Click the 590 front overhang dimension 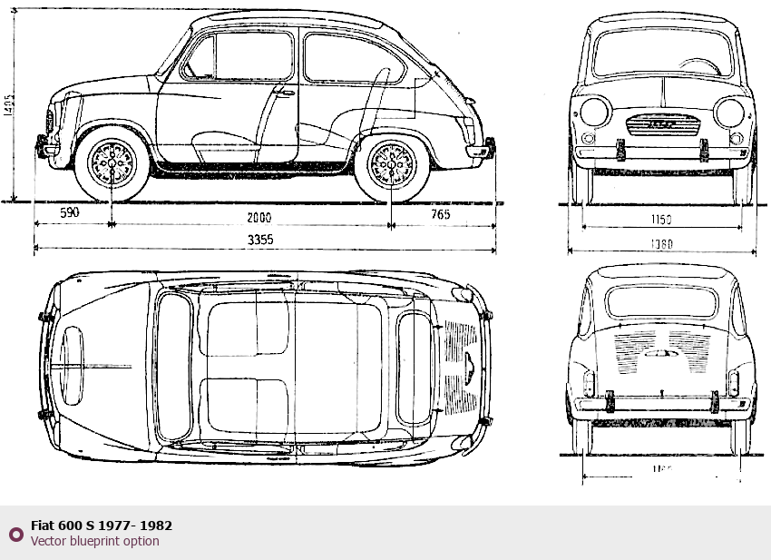pos(70,213)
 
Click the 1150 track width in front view pos(660,220)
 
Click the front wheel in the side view pos(112,163)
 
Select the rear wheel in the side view pos(392,164)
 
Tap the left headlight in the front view pos(595,113)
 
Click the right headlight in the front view pos(728,113)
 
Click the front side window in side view pos(239,56)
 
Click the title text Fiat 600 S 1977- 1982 pos(102,525)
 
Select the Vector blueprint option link pos(94,541)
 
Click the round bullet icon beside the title pos(15,533)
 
